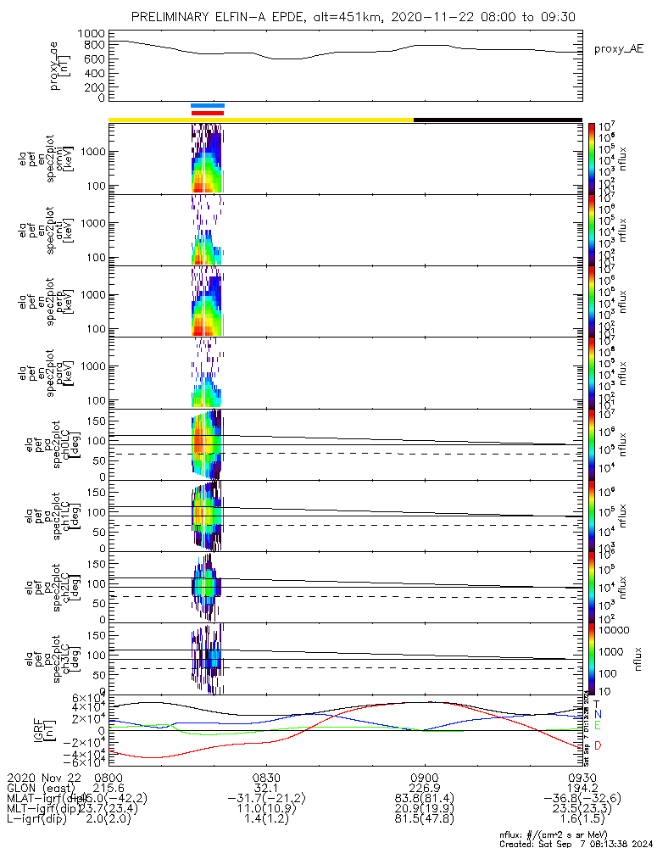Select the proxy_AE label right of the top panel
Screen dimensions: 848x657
coord(617,49)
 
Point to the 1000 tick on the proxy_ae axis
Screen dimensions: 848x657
coord(90,33)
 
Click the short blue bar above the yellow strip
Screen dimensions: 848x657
coord(208,105)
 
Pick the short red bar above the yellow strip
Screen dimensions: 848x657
coord(208,112)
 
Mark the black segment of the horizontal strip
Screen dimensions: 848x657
coord(498,120)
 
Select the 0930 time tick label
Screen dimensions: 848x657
coord(582,777)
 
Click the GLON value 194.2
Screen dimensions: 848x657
coord(582,788)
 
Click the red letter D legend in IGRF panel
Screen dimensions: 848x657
coord(598,745)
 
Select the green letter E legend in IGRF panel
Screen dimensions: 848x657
coord(598,726)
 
